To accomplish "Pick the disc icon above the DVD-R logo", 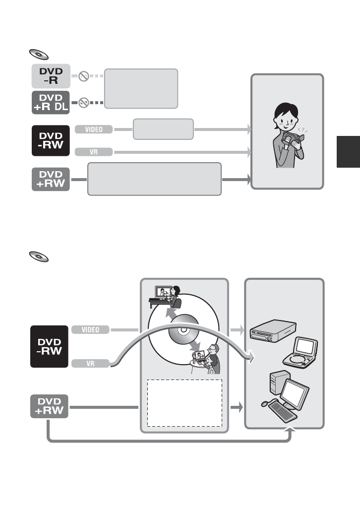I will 37,54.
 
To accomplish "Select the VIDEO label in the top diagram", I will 94,129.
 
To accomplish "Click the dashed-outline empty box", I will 184,402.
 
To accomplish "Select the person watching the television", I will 174,298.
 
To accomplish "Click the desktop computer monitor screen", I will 295,396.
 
